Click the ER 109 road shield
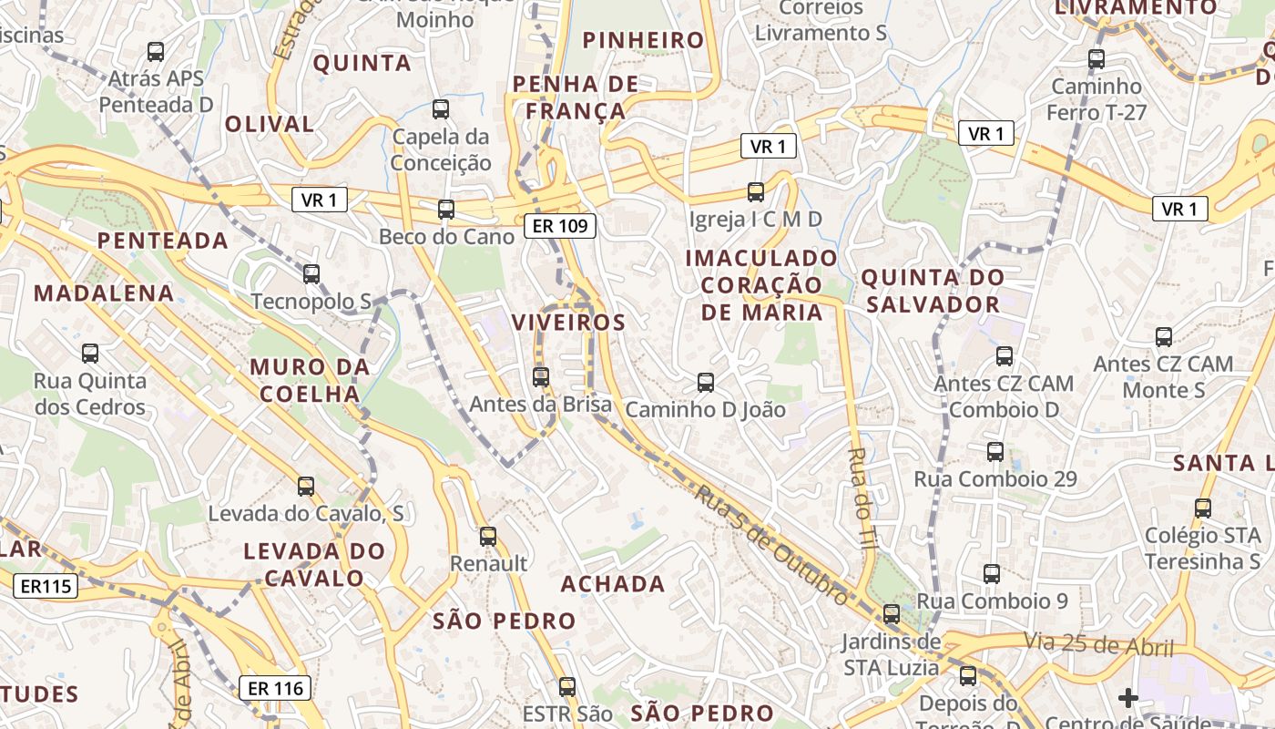[560, 226]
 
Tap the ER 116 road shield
[275, 688]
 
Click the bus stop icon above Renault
[488, 536]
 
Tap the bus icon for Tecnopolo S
[311, 273]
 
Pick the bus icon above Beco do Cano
[446, 209]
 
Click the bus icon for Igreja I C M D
[756, 191]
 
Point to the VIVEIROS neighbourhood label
[569, 323]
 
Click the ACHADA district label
[613, 584]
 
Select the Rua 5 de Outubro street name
[771, 545]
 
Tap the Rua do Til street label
[862, 497]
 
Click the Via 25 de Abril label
[1098, 645]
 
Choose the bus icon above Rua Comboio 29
[995, 451]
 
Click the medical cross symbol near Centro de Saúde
[1128, 698]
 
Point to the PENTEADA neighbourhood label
[162, 241]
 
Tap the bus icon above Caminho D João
[706, 382]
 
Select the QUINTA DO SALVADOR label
[933, 291]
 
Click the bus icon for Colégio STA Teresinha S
[1203, 508]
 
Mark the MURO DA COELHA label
[310, 380]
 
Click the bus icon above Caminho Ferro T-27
[1096, 59]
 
